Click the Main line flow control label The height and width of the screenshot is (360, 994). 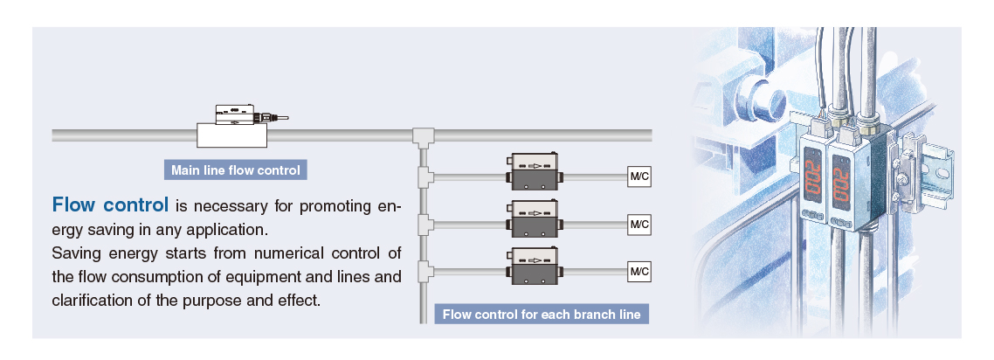(x=235, y=170)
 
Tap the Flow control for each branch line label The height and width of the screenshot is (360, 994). (x=542, y=315)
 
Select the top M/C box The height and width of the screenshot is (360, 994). (x=640, y=177)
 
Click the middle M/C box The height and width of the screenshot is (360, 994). (x=640, y=225)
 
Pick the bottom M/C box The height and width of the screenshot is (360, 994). (x=640, y=271)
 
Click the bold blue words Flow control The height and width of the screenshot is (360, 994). (x=110, y=206)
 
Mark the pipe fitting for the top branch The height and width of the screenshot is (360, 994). (x=425, y=177)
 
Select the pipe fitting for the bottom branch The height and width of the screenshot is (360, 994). (x=425, y=271)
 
